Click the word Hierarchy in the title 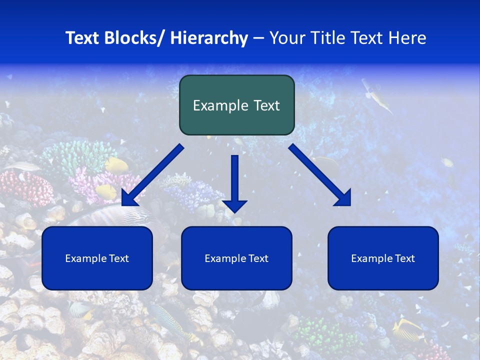(208, 38)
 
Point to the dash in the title (258, 38)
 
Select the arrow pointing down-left (152, 175)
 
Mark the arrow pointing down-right (320, 175)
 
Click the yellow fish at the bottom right (407, 330)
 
